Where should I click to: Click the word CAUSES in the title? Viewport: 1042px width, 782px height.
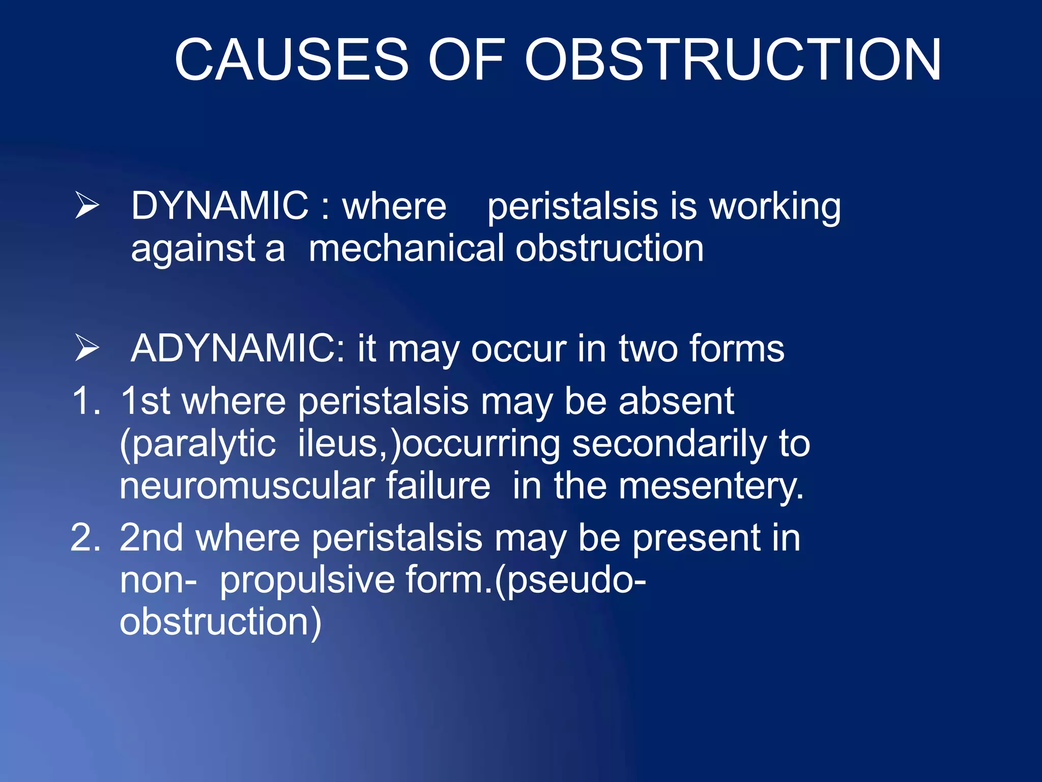(292, 60)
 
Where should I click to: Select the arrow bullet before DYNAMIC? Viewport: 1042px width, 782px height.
(87, 205)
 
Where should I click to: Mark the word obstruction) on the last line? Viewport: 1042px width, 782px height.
(220, 622)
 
